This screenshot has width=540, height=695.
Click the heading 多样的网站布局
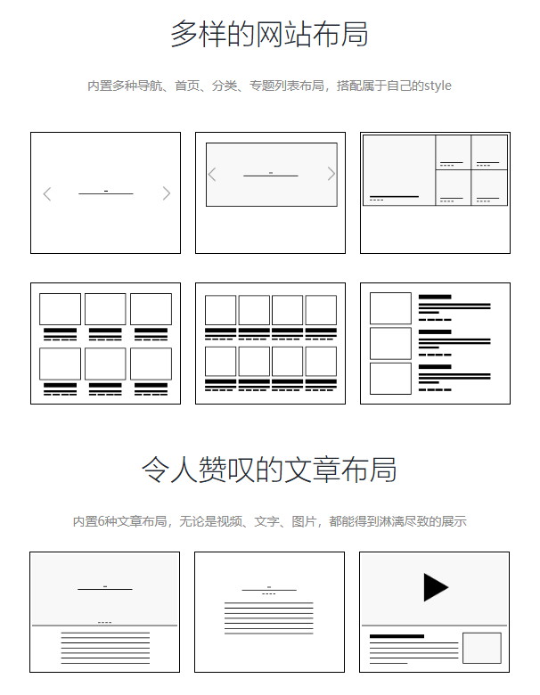tap(270, 34)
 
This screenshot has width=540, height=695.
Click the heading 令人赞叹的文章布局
tap(269, 469)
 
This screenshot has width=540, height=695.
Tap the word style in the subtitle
tap(438, 86)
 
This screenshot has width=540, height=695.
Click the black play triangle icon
tap(436, 587)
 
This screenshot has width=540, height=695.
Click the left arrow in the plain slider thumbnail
tap(47, 193)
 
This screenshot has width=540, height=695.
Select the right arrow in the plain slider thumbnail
tap(167, 193)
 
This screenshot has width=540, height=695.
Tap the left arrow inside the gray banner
tap(212, 174)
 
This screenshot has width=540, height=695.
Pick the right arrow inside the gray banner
tap(331, 174)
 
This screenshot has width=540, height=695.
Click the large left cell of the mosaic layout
tap(399, 170)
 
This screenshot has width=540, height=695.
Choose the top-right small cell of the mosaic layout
tap(489, 152)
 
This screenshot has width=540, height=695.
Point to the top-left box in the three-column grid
tap(60, 309)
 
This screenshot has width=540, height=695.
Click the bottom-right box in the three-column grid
tap(151, 364)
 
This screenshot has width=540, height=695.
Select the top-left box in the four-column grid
tap(220, 310)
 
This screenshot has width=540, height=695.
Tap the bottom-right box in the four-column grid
tap(321, 361)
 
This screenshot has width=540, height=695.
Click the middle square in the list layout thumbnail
tap(390, 344)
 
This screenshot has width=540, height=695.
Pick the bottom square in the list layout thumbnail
tap(390, 379)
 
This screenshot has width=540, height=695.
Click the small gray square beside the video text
tap(482, 648)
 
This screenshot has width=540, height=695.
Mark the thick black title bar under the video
tap(397, 636)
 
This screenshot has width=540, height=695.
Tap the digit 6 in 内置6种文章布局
tap(101, 521)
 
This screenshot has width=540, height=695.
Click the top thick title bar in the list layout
tap(435, 297)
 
